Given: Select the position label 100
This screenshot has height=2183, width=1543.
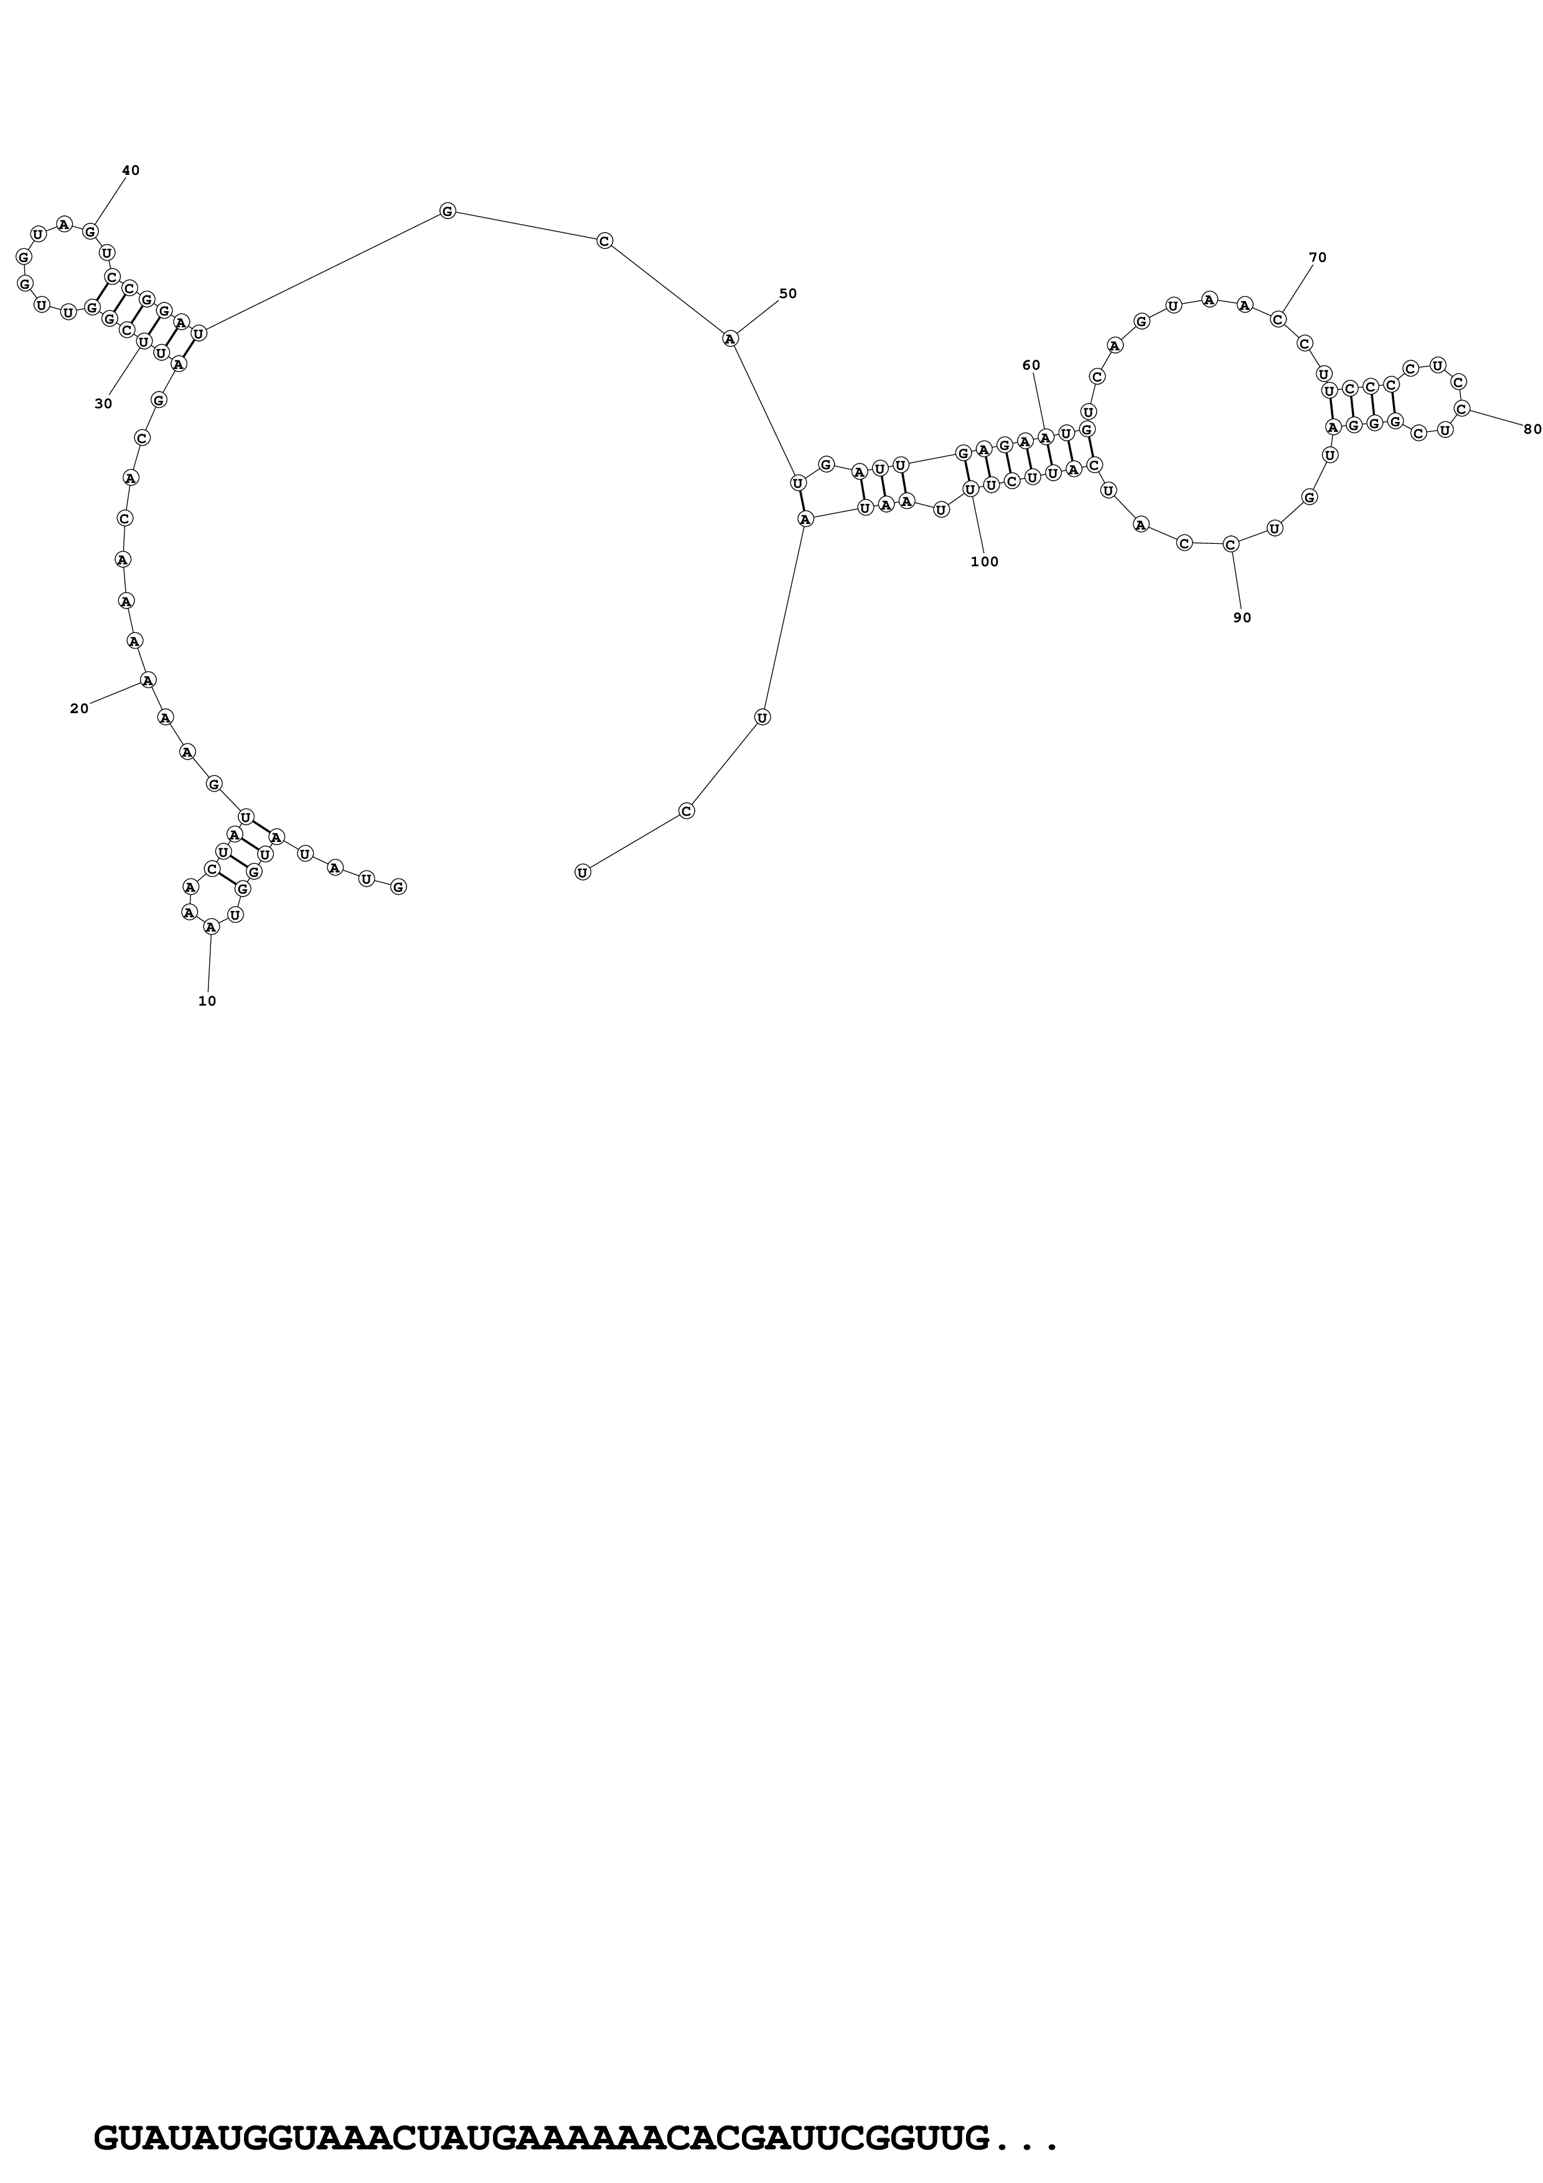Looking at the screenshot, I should pos(985,562).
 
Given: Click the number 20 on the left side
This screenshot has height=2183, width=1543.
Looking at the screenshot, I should pos(79,708).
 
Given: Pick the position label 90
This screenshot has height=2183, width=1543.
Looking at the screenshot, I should pos(1242,618).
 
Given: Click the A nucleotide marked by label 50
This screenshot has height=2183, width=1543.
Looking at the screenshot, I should pos(730,339).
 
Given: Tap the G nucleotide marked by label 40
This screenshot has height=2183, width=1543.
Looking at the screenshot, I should pos(90,231).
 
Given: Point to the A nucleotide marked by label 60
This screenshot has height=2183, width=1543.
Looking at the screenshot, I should pos(1046,437).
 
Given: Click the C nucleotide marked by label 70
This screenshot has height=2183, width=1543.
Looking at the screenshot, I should pos(1278,319).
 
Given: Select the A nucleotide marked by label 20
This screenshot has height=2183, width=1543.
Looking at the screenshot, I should pos(148,680).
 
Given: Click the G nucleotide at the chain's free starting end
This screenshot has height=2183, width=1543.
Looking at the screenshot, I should pos(398,887).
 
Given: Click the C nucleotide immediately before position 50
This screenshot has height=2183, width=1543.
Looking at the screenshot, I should pos(604,241).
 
